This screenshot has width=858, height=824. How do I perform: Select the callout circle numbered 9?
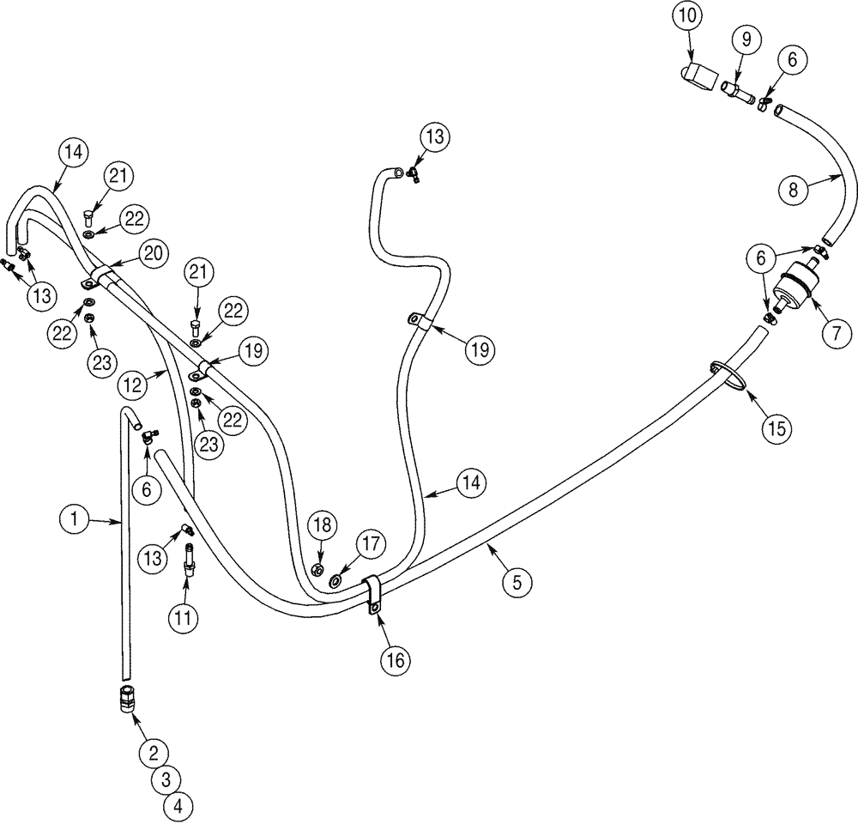(x=746, y=39)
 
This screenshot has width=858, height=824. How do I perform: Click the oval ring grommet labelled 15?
(x=728, y=375)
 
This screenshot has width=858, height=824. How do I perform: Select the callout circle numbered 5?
(x=516, y=583)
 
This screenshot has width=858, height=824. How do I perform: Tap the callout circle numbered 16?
(x=396, y=660)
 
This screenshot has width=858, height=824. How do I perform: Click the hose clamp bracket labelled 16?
(x=374, y=596)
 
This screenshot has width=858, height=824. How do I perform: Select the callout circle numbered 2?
(x=154, y=753)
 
